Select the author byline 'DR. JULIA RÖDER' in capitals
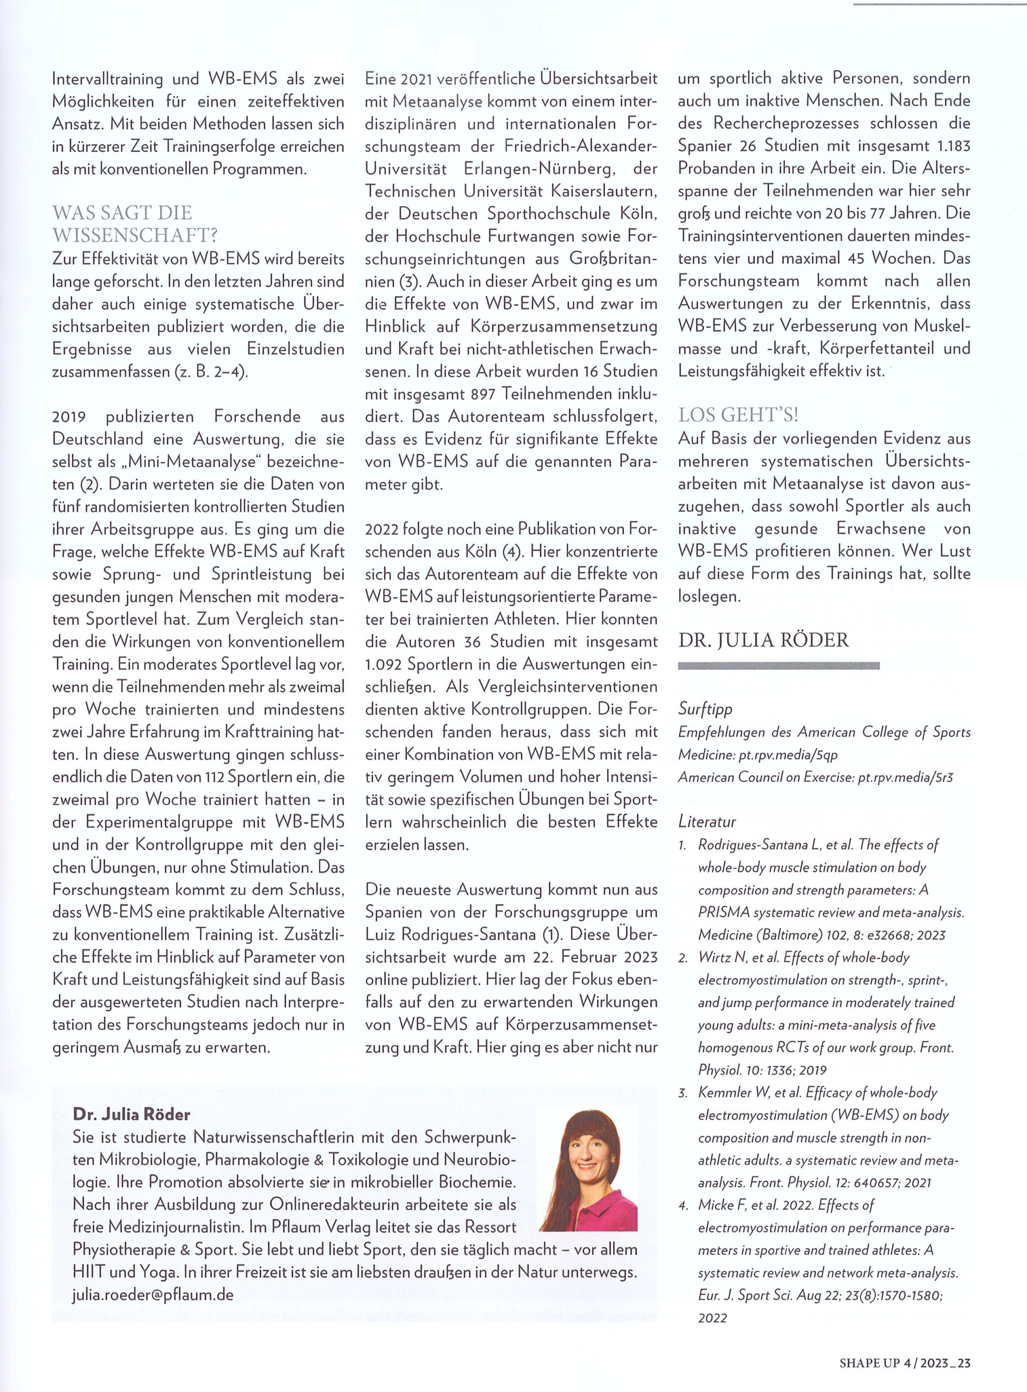click(x=763, y=640)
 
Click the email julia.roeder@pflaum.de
click(x=153, y=1295)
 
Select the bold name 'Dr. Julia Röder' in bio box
click(x=132, y=1114)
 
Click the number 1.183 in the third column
click(x=953, y=146)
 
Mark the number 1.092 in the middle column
click(x=383, y=664)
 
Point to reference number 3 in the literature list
click(x=682, y=1093)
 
